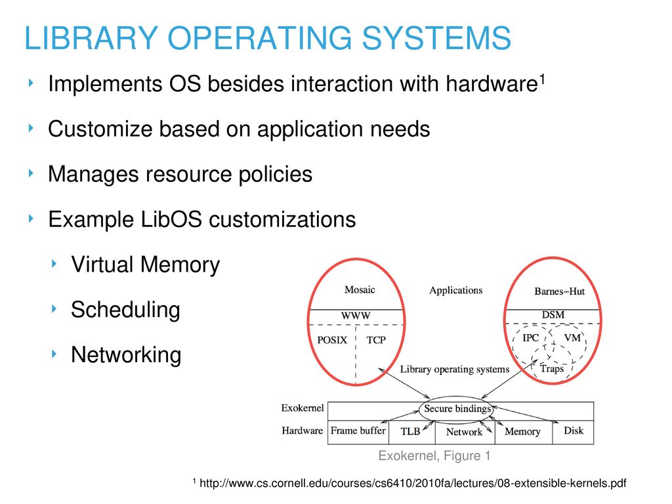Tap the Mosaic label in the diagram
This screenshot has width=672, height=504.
tap(360, 289)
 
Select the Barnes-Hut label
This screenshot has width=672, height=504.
tap(559, 291)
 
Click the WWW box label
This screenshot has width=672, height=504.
tap(355, 316)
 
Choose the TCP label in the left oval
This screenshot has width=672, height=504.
tap(375, 340)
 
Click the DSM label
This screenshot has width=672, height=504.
tap(553, 315)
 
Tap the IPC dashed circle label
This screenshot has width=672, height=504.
tap(530, 338)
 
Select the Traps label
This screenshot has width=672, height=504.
tap(551, 368)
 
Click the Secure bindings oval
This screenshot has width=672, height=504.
tap(456, 409)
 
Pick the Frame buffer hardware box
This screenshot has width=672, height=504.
tap(358, 431)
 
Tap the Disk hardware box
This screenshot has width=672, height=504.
tap(573, 431)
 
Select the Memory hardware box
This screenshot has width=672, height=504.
tap(522, 431)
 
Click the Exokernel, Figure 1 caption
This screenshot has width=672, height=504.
tap(434, 455)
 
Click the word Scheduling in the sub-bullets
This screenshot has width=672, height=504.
tap(125, 310)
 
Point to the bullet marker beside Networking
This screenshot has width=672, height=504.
tap(58, 354)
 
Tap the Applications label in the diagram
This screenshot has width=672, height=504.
tap(455, 290)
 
